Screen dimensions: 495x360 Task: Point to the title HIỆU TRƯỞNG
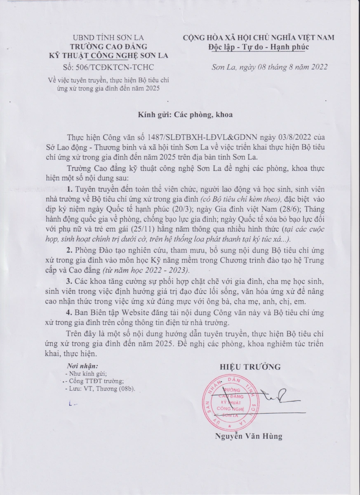[x=250, y=366]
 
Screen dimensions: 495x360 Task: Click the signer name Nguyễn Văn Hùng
[x=249, y=436]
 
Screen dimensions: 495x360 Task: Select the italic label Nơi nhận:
[x=82, y=366]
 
